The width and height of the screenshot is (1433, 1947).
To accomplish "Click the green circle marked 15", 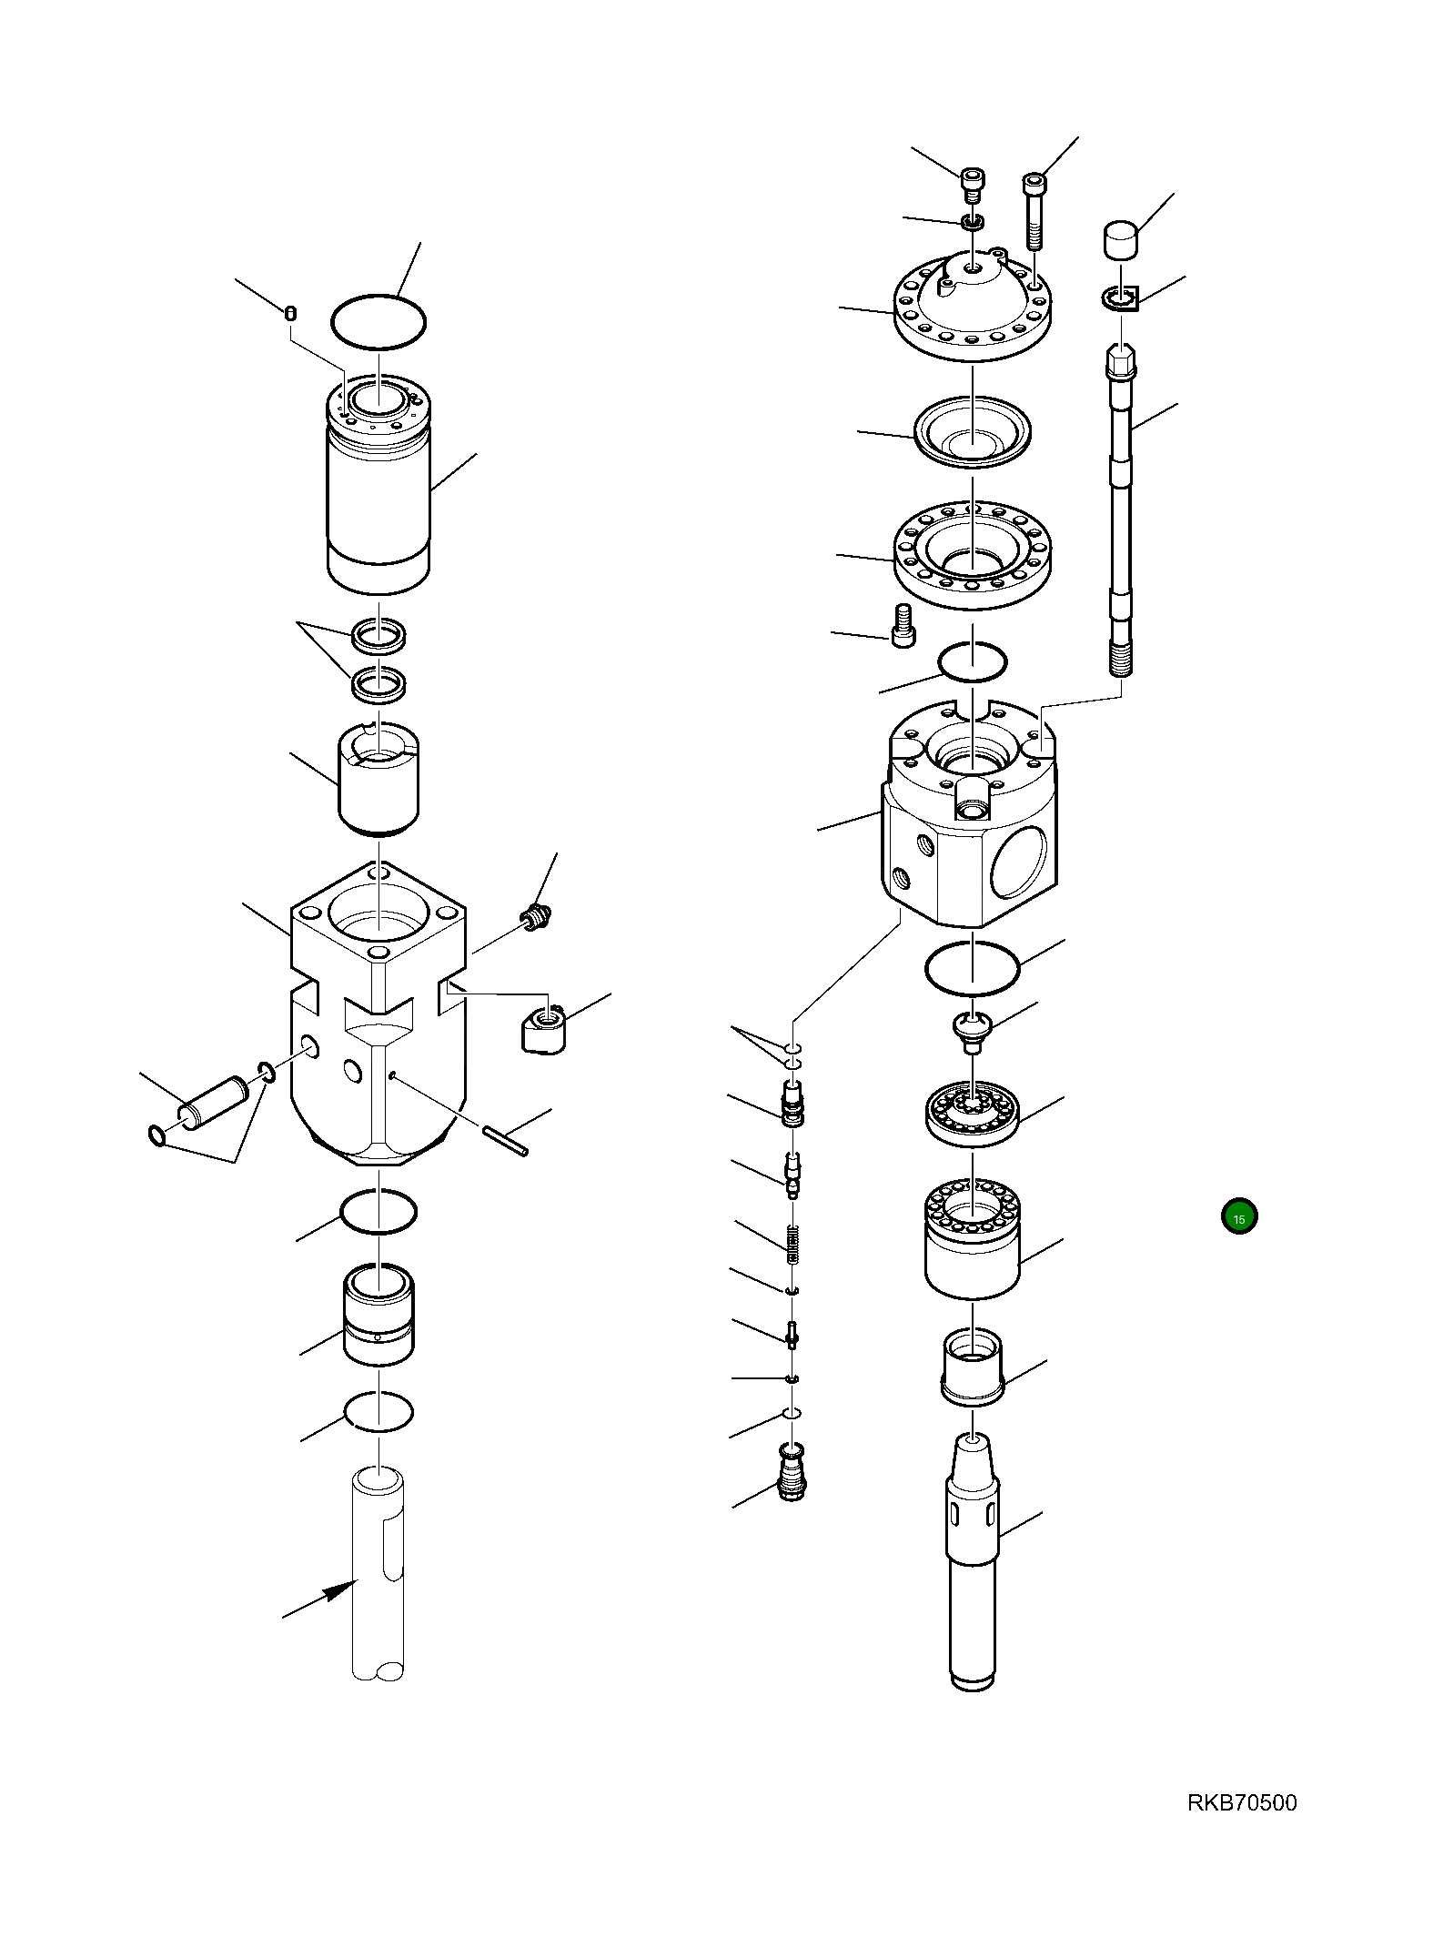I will [x=1238, y=1216].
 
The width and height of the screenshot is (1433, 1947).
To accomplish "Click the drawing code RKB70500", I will [x=1241, y=1802].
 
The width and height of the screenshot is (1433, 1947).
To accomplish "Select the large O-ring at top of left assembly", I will [x=378, y=320].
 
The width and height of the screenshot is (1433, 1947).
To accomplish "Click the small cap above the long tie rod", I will [x=1122, y=240].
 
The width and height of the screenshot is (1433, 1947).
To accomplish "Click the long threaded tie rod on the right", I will [x=1121, y=509].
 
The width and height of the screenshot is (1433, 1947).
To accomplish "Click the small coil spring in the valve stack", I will [x=792, y=1244].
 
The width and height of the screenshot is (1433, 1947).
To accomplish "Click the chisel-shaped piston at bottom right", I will [x=974, y=1556].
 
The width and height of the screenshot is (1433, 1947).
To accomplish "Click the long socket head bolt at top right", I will [x=1035, y=211].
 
